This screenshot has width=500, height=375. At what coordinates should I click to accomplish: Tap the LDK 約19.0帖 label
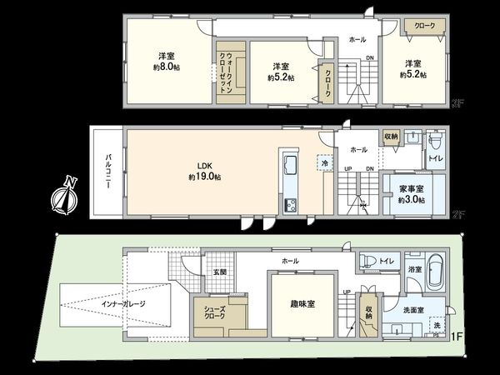(x=203, y=172)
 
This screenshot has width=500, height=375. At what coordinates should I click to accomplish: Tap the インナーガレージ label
(x=123, y=303)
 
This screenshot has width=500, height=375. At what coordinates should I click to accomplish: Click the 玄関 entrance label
(x=218, y=272)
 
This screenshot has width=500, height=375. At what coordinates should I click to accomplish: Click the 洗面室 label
(x=414, y=309)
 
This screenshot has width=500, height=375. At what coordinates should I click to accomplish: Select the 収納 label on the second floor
(x=391, y=136)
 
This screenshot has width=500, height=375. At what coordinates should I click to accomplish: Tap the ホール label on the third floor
(x=357, y=39)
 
